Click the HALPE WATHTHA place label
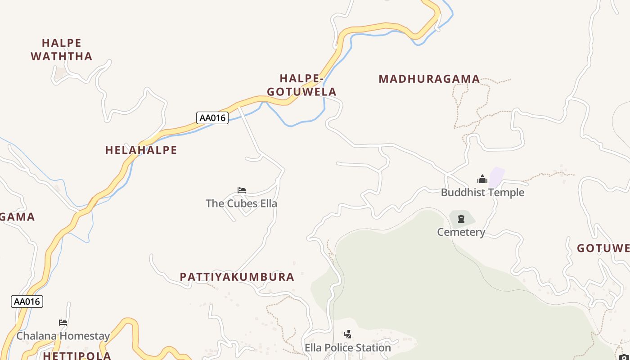(x=61, y=49)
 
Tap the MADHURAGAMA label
(x=429, y=79)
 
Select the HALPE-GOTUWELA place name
(x=301, y=85)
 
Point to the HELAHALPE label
(x=141, y=150)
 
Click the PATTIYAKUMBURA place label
(x=237, y=277)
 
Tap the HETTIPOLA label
(x=77, y=355)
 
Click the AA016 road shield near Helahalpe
(x=212, y=118)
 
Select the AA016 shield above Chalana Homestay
(x=27, y=301)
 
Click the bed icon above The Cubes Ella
(x=242, y=190)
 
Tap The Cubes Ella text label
(x=241, y=203)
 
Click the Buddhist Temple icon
(x=482, y=180)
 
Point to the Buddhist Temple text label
(x=482, y=193)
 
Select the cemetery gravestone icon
(x=461, y=219)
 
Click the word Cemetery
(x=461, y=232)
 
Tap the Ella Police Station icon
(x=347, y=334)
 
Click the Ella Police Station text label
(x=347, y=348)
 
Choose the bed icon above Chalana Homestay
(x=63, y=323)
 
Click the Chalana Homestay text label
(x=63, y=336)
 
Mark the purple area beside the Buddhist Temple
(x=496, y=177)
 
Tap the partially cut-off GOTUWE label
(x=603, y=248)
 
